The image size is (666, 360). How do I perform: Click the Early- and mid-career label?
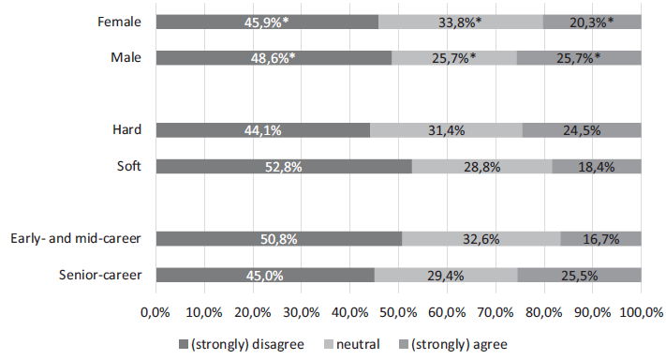coord(77,238)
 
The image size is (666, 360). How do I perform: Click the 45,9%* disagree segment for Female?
coord(267,22)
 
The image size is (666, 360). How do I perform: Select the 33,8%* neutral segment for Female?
coord(461,22)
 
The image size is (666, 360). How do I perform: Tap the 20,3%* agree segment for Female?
coord(592,22)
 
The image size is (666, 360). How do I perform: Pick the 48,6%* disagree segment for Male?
coord(274,58)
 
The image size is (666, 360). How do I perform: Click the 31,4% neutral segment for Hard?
coord(446,130)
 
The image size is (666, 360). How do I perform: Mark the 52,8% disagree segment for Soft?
coord(284,167)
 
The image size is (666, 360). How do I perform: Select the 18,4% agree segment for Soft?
coord(597,167)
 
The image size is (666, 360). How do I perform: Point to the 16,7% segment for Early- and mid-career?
coord(600,239)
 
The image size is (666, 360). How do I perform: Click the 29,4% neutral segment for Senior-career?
coord(446,276)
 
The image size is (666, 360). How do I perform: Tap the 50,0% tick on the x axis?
coord(398,309)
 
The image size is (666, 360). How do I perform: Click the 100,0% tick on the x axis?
coord(640,309)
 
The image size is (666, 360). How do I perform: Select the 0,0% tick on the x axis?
coord(155,309)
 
